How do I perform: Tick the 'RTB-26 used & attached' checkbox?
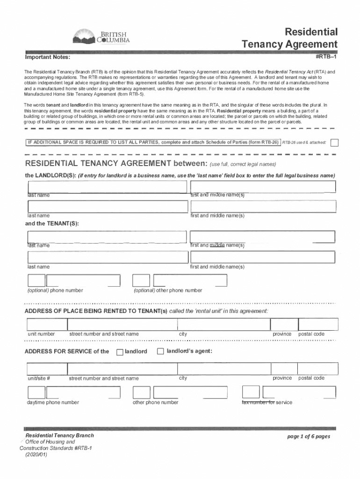pos(334,142)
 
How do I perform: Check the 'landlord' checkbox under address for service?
pos(120,352)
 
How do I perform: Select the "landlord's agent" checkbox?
pos(160,351)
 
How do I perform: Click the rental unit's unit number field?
pos(46,324)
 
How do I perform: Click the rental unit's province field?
pos(282,324)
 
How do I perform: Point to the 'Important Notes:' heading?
pos(48,58)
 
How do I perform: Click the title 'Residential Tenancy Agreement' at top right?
pos(289,38)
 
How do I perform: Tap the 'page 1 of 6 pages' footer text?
pos(309,436)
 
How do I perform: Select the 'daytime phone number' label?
pos(53,402)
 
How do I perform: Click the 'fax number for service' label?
pos(267,402)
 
